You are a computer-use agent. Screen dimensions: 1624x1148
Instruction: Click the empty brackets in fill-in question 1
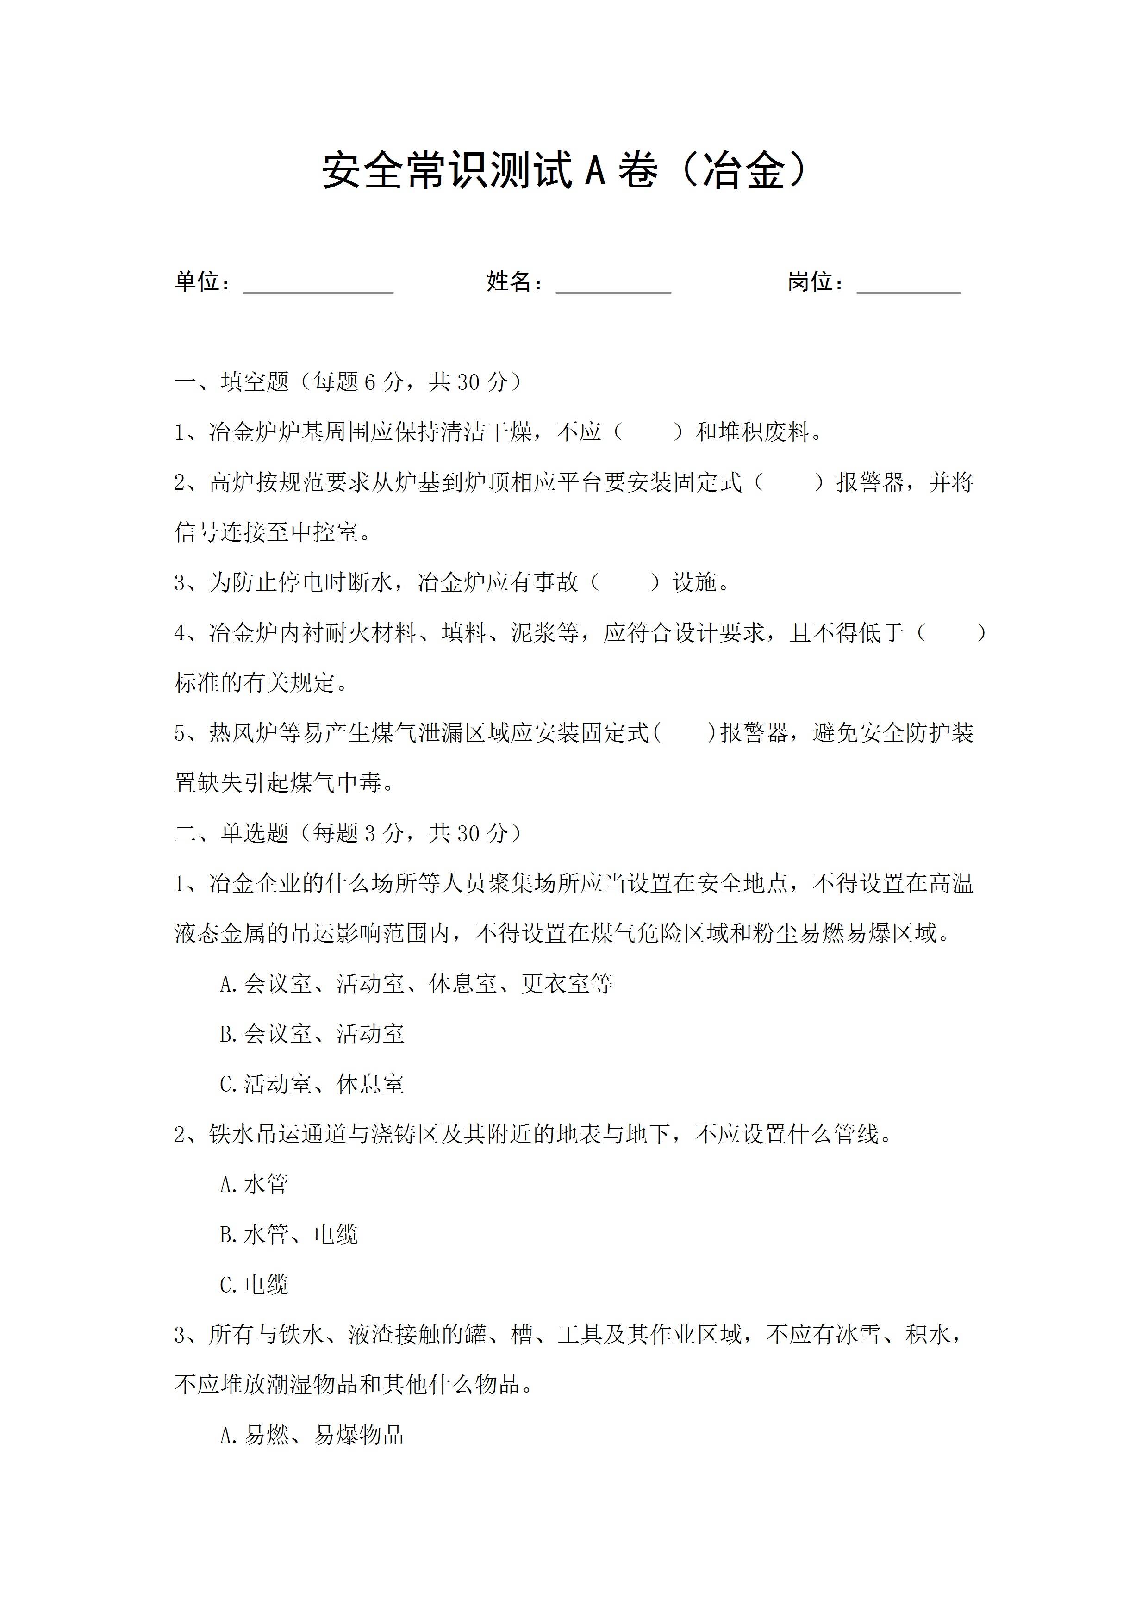click(649, 432)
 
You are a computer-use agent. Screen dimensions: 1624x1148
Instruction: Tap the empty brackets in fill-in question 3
click(625, 583)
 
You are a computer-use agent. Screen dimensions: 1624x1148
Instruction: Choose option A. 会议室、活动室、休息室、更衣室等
click(416, 984)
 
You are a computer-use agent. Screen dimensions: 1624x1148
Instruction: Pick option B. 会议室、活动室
click(312, 1034)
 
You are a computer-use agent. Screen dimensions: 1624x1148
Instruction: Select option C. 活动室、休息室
click(312, 1084)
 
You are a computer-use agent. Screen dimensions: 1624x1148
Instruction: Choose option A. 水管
click(254, 1185)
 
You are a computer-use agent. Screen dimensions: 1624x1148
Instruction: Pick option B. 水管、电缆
click(288, 1235)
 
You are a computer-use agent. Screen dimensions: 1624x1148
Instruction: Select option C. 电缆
click(254, 1285)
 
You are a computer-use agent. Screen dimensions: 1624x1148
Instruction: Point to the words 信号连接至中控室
click(268, 532)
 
